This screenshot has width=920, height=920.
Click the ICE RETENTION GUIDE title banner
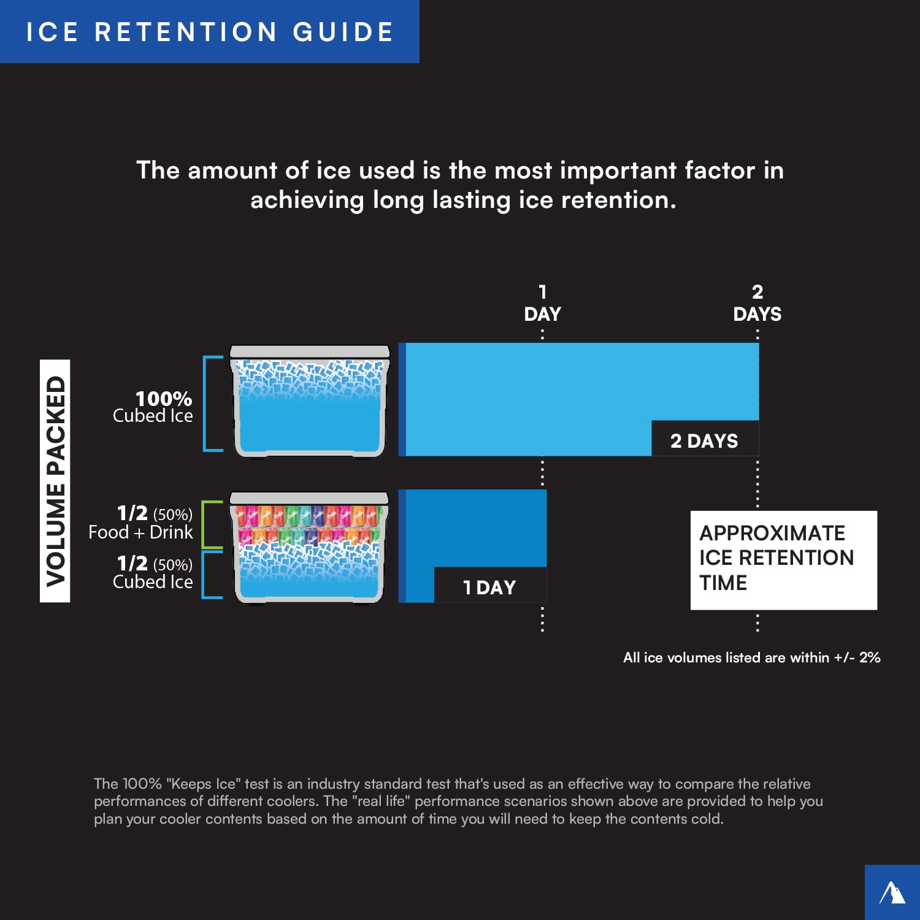pyautogui.click(x=209, y=31)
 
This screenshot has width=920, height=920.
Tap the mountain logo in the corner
pyautogui.click(x=892, y=892)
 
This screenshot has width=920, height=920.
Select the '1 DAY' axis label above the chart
pyautogui.click(x=542, y=303)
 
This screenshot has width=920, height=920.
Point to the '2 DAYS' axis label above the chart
pyautogui.click(x=757, y=303)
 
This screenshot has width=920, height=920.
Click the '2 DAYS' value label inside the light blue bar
pyautogui.click(x=704, y=440)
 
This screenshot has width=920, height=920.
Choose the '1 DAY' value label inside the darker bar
pyautogui.click(x=489, y=587)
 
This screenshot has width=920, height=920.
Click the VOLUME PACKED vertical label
pyautogui.click(x=55, y=481)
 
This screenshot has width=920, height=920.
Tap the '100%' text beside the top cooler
pyautogui.click(x=164, y=399)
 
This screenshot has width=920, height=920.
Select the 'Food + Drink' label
pyautogui.click(x=140, y=532)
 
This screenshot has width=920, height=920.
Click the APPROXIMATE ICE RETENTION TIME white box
pyautogui.click(x=783, y=560)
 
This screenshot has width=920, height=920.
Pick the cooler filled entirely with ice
pyautogui.click(x=310, y=401)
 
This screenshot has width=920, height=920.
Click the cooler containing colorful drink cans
pyautogui.click(x=309, y=547)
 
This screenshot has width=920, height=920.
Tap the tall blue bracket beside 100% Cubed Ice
pyautogui.click(x=205, y=404)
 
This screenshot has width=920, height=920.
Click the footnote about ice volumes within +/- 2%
pyautogui.click(x=751, y=657)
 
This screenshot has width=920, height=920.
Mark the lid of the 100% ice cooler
pyautogui.click(x=310, y=351)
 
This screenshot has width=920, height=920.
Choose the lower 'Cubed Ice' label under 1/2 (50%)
pyautogui.click(x=153, y=581)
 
